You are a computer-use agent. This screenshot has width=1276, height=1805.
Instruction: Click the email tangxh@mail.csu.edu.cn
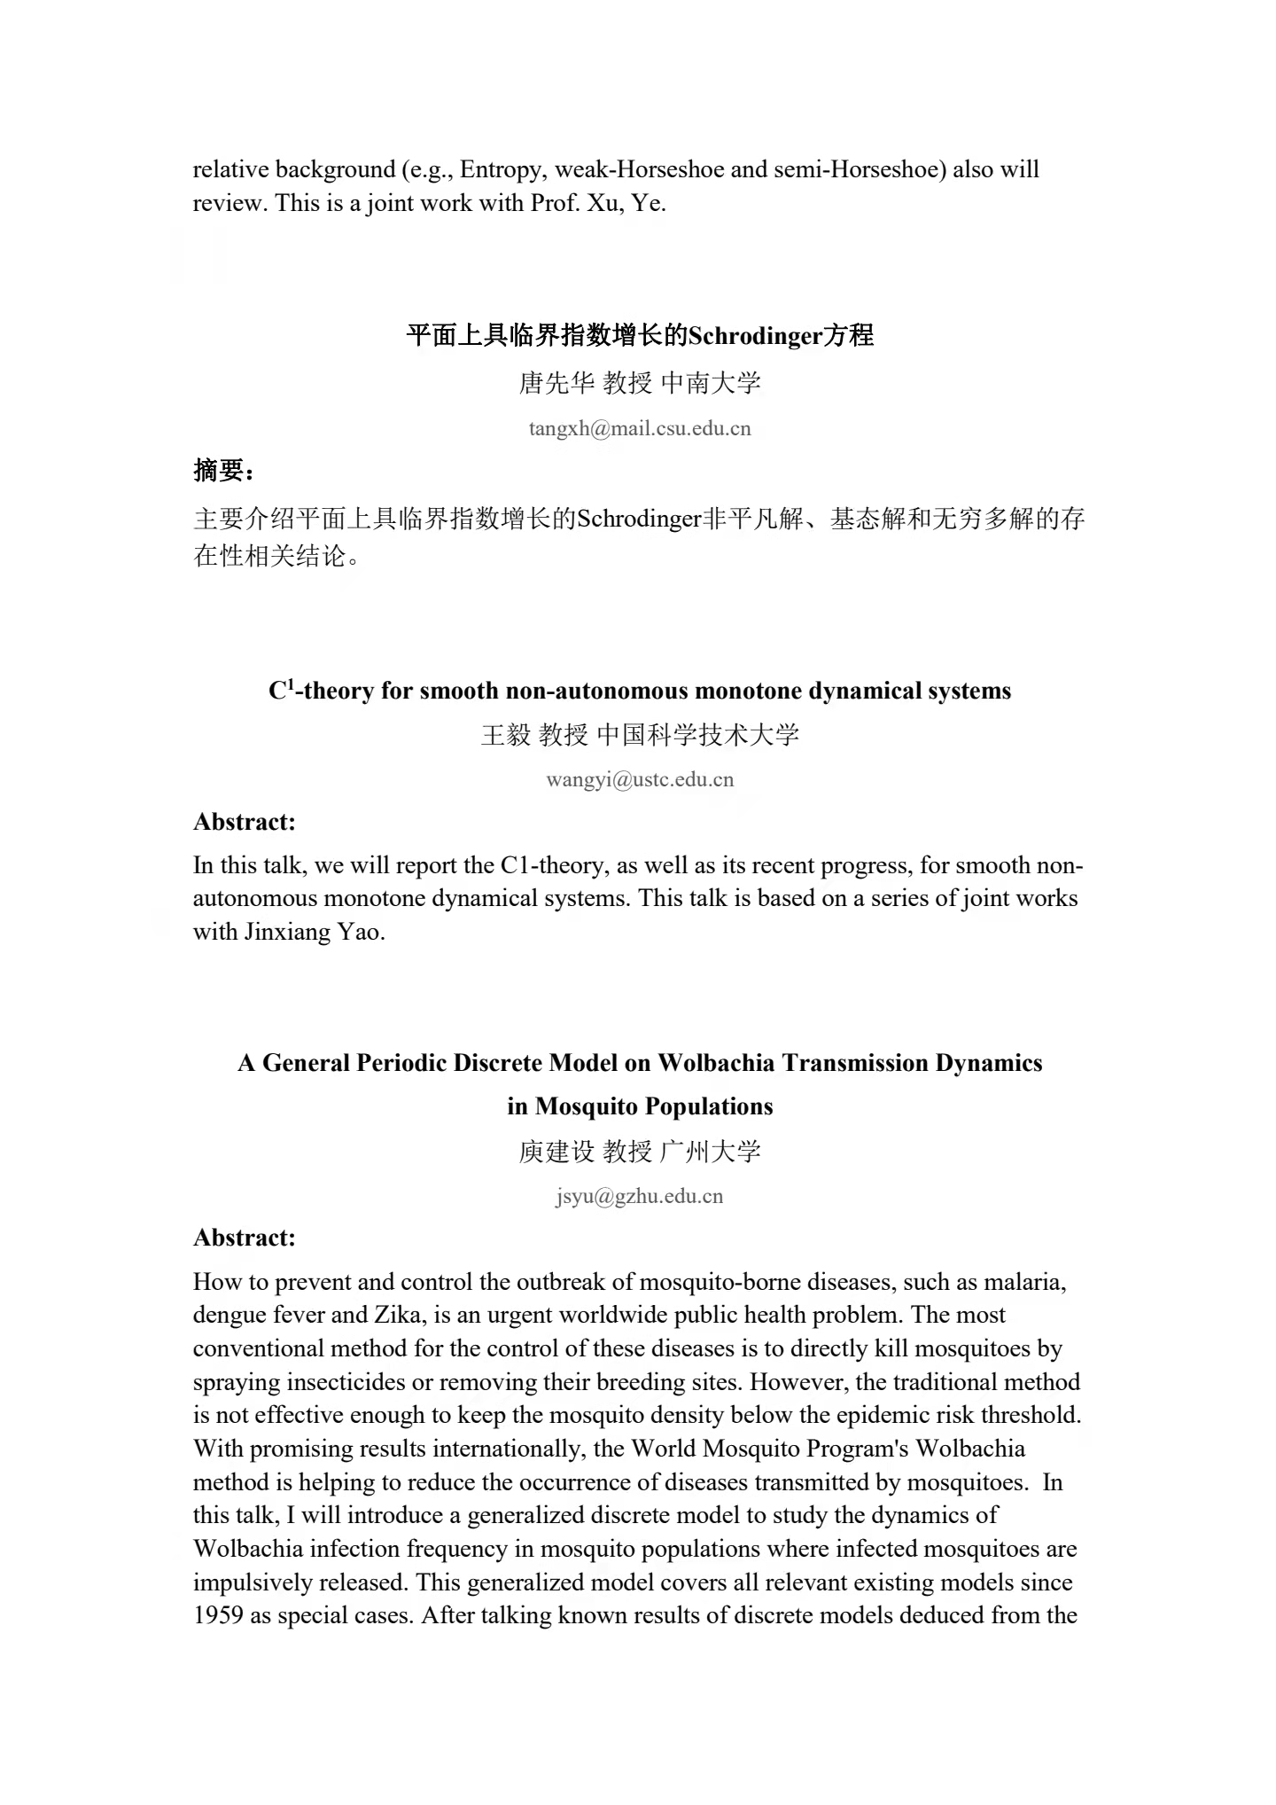[639, 429]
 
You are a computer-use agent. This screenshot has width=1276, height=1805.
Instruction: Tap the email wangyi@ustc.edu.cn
[640, 780]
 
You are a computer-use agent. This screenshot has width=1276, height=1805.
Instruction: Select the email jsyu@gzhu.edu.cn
[640, 1196]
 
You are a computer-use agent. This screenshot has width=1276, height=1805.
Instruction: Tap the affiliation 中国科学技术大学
[698, 735]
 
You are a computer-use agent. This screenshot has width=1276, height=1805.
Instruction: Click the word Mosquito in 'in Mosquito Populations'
[586, 1106]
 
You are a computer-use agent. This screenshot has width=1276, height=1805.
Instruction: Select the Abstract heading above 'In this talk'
[245, 822]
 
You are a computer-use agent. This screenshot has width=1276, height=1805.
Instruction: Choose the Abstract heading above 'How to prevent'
[245, 1238]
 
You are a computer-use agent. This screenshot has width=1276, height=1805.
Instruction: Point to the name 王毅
[505, 735]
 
